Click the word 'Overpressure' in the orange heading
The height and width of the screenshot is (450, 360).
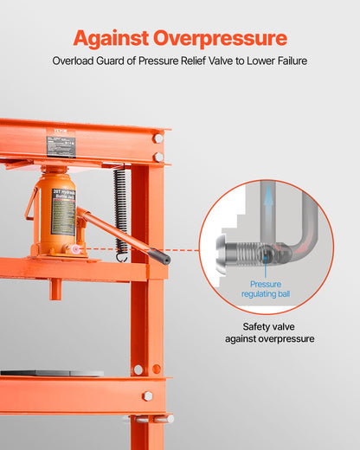[x=222, y=38]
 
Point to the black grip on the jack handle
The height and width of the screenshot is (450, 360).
[x=159, y=255]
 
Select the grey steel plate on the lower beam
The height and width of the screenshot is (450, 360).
[x=52, y=373]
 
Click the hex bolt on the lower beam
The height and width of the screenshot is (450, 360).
[x=147, y=395]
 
